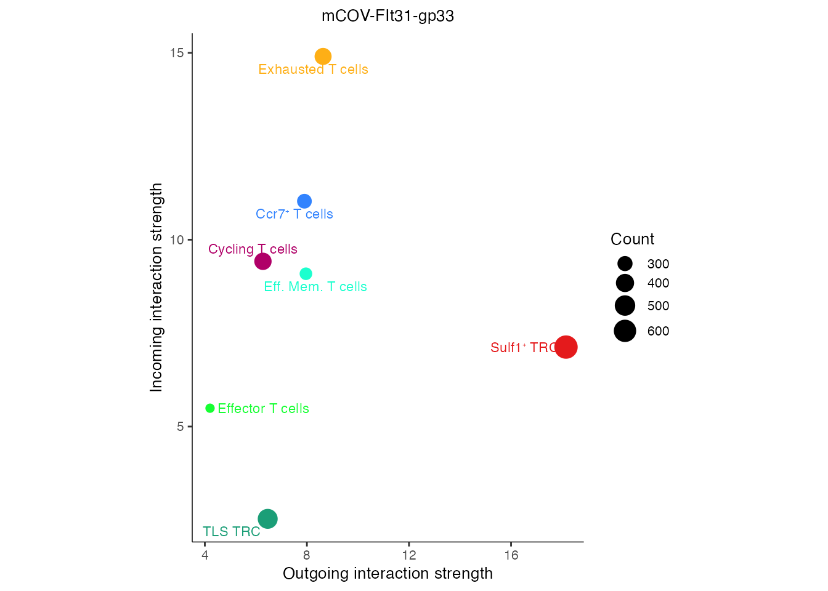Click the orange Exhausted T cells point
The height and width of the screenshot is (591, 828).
323,57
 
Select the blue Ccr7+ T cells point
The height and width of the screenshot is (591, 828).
304,201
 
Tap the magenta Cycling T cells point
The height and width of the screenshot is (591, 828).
263,262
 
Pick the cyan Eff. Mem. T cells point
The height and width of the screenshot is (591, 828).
306,274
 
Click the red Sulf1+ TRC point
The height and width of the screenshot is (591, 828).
566,347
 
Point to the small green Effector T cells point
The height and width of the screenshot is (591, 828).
210,408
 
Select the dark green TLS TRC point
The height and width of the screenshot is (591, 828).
267,519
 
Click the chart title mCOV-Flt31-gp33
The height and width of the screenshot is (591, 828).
388,16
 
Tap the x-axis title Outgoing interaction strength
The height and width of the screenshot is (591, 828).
388,574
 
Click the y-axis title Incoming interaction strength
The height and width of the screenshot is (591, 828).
156,287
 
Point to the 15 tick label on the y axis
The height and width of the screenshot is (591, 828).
177,53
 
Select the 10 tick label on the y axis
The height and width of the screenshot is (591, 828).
177,239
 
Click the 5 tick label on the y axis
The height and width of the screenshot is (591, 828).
180,427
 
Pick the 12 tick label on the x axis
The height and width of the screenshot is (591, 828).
409,556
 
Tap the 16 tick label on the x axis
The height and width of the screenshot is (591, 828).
511,556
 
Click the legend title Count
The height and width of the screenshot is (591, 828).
632,239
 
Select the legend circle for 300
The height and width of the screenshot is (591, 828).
625,264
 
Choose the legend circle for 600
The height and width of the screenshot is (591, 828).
625,331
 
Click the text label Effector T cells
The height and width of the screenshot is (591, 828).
263,409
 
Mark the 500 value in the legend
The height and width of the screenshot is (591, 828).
658,306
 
